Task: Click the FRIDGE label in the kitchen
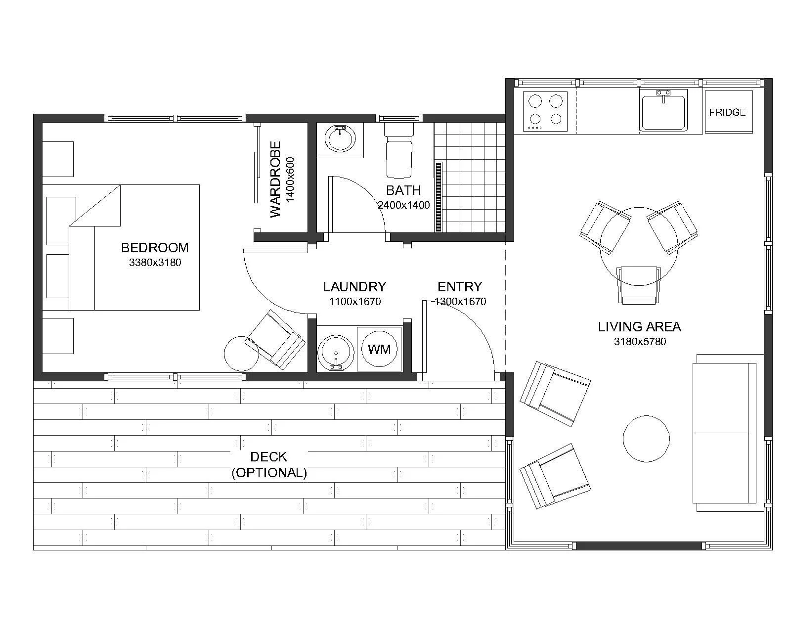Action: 727,112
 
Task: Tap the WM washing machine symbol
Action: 379,349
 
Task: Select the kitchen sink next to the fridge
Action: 663,110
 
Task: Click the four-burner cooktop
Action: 545,111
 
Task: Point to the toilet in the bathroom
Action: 399,151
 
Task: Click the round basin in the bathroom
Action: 340,138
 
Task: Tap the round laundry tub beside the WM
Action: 336,352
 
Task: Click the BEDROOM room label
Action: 155,248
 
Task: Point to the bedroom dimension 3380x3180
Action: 155,263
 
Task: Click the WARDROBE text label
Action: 275,179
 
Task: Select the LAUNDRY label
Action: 354,286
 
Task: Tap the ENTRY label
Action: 459,286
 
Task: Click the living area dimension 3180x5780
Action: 640,342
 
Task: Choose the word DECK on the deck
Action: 268,457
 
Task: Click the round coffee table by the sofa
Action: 646,439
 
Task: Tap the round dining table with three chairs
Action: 639,246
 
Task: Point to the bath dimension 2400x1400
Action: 403,205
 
